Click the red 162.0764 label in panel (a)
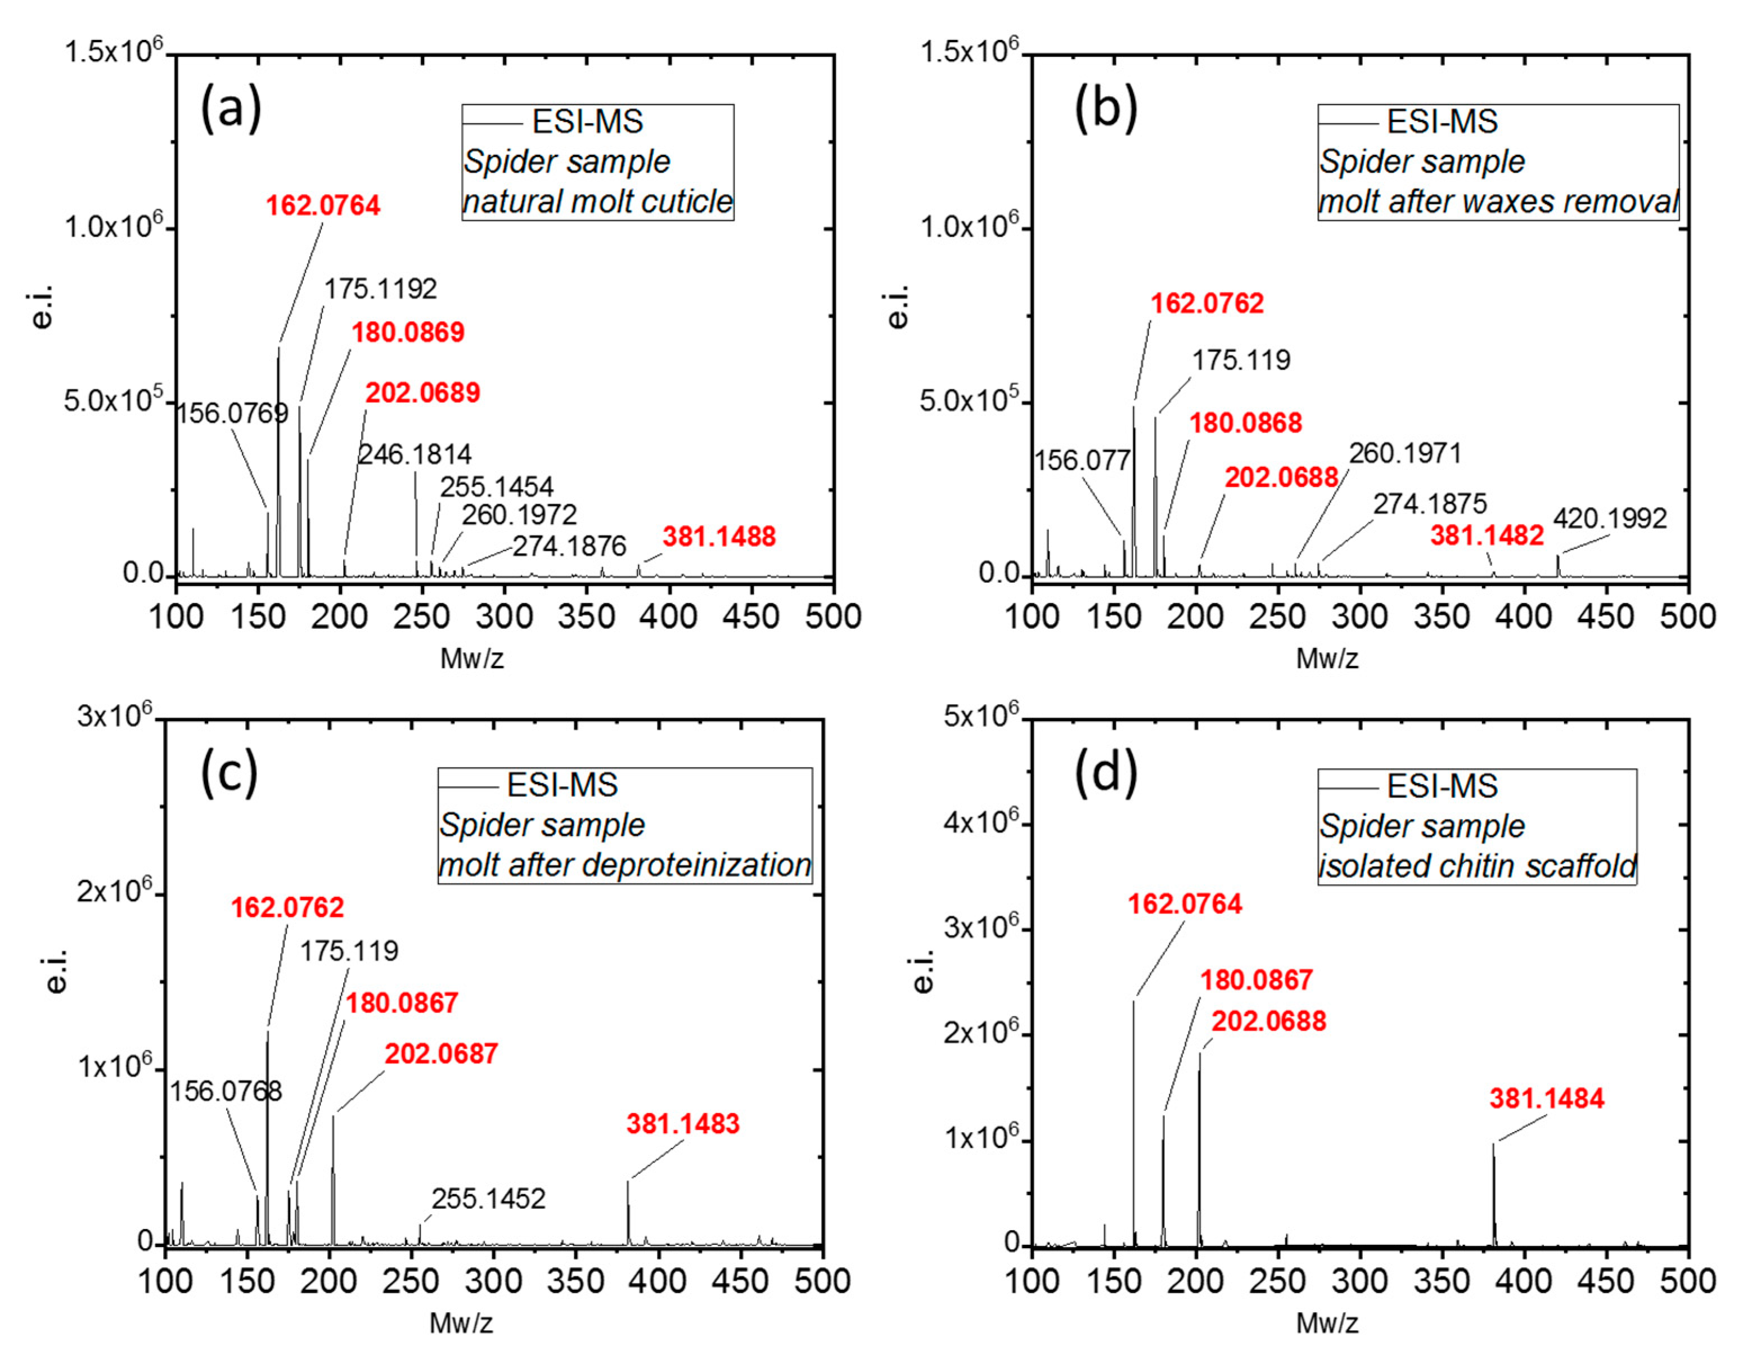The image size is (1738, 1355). pyautogui.click(x=322, y=205)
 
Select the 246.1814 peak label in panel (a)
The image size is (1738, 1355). pyautogui.click(x=415, y=454)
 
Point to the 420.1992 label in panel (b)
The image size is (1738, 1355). pyautogui.click(x=1609, y=519)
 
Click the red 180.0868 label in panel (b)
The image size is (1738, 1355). pyautogui.click(x=1245, y=422)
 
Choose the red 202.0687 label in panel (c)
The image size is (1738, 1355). pyautogui.click(x=441, y=1054)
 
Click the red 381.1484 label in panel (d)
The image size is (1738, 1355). pyautogui.click(x=1546, y=1099)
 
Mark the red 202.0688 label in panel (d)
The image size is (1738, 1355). pyautogui.click(x=1268, y=1021)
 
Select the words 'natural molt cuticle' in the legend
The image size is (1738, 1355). pyautogui.click(x=598, y=201)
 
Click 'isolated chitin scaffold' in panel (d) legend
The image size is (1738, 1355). pyautogui.click(x=1477, y=866)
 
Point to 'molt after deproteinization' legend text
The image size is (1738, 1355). pyautogui.click(x=625, y=865)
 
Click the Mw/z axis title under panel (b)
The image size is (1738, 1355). pyautogui.click(x=1327, y=659)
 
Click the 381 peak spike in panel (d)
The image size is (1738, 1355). pyautogui.click(x=1494, y=1194)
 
